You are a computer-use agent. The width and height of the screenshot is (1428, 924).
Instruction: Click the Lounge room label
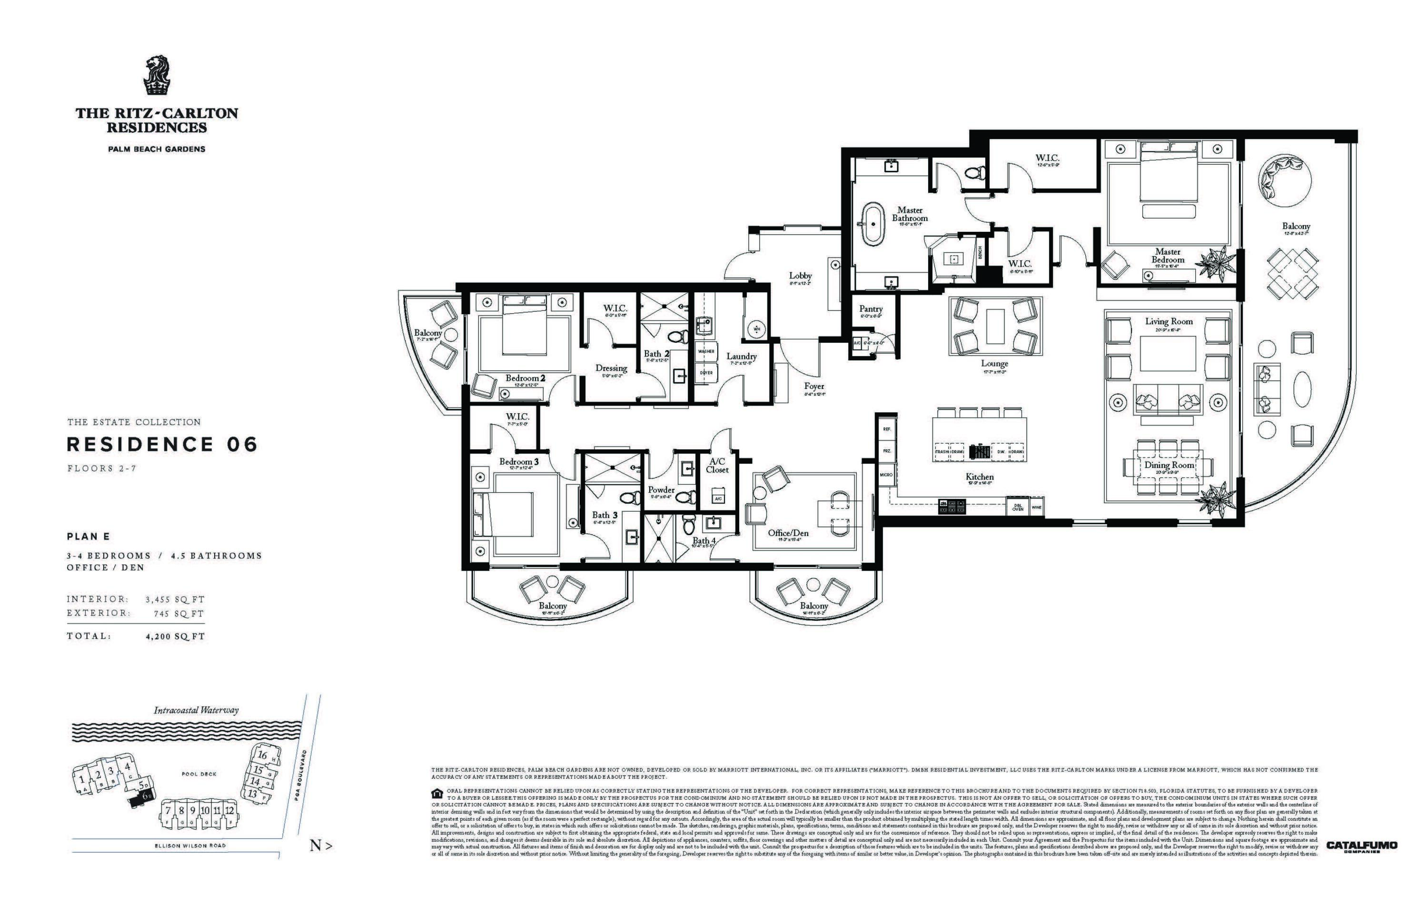pyautogui.click(x=994, y=364)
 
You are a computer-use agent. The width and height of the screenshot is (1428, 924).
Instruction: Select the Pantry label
pyautogui.click(x=871, y=308)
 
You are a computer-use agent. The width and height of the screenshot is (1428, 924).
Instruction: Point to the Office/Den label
pyautogui.click(x=788, y=533)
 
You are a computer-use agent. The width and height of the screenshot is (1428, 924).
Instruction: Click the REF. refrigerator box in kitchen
pyautogui.click(x=887, y=429)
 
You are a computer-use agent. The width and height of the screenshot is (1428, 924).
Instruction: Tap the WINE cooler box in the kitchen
pyautogui.click(x=1036, y=507)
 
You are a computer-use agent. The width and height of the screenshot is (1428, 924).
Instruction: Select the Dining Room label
pyautogui.click(x=1169, y=465)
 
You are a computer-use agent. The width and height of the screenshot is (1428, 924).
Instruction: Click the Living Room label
pyautogui.click(x=1168, y=322)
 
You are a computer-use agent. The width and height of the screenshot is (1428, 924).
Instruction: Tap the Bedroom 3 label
pyautogui.click(x=519, y=461)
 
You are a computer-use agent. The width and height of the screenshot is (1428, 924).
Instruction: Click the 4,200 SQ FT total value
pyautogui.click(x=175, y=636)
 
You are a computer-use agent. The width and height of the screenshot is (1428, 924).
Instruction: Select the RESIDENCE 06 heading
pyautogui.click(x=162, y=445)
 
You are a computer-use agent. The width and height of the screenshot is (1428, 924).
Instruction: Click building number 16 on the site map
pyautogui.click(x=262, y=755)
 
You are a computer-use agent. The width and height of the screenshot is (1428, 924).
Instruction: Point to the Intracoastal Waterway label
pyautogui.click(x=196, y=710)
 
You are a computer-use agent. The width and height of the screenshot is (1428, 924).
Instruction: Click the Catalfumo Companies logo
pyautogui.click(x=1361, y=846)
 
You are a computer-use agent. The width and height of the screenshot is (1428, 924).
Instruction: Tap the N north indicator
pyautogui.click(x=320, y=846)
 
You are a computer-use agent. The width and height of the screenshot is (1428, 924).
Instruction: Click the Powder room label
pyautogui.click(x=661, y=489)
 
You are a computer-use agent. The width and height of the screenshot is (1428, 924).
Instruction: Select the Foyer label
pyautogui.click(x=814, y=387)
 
